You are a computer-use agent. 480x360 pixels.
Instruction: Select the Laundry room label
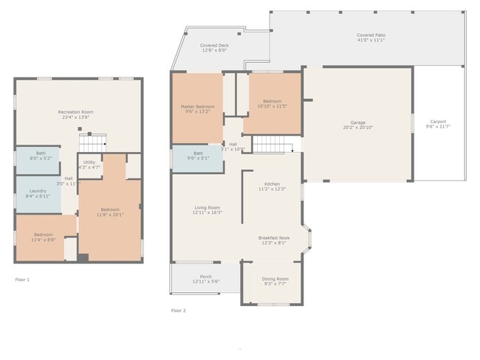(38, 193)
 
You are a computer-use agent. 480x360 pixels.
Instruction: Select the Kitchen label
(272, 186)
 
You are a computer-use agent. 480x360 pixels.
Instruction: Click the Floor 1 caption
(23, 280)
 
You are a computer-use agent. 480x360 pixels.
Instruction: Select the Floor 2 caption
(179, 311)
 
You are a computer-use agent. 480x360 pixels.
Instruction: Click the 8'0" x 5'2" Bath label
(41, 155)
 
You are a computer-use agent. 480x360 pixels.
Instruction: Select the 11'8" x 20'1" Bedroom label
(109, 212)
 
